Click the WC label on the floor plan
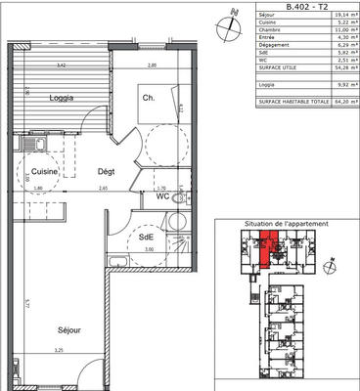click(x=150, y=196)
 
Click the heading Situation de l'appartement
click(x=287, y=224)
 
